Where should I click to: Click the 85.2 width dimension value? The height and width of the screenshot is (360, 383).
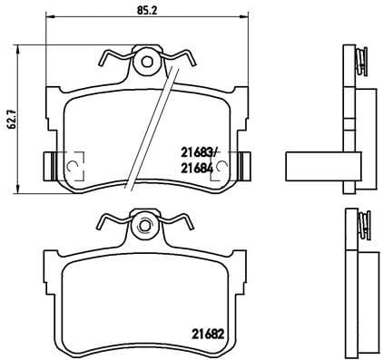click(147, 11)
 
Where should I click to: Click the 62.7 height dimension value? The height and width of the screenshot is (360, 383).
click(12, 120)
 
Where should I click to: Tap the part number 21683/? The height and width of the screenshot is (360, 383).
click(200, 152)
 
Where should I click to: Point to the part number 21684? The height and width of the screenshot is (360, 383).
click(197, 168)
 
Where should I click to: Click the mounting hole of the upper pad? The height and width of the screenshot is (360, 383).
click(147, 62)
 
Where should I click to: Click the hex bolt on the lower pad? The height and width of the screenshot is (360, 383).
click(144, 226)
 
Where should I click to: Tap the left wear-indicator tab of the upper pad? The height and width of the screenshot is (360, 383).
click(50, 166)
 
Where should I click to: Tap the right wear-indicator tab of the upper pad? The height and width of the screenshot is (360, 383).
click(244, 166)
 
